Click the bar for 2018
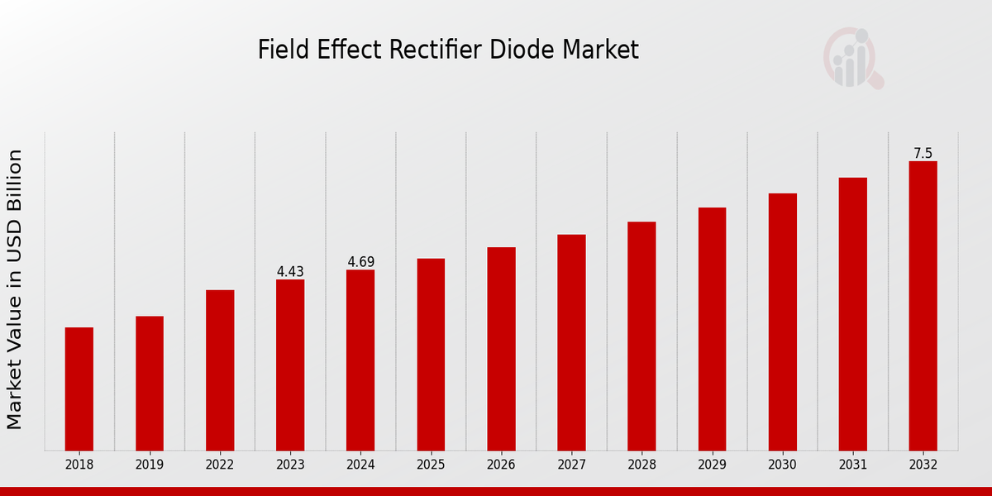[79, 389]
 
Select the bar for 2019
[150, 383]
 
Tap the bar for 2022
[220, 370]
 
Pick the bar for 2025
[431, 354]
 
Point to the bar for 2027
[571, 342]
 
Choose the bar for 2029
[712, 328]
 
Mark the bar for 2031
[852, 313]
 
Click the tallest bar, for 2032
[923, 305]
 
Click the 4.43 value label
[290, 271]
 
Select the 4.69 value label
[360, 262]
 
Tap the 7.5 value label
[923, 153]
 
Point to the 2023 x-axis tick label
[290, 465]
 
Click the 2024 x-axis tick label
[360, 465]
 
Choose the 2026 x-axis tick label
[501, 465]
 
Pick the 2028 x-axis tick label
[641, 465]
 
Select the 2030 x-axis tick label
[782, 465]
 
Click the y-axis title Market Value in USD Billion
[15, 289]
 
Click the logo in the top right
[852, 58]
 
